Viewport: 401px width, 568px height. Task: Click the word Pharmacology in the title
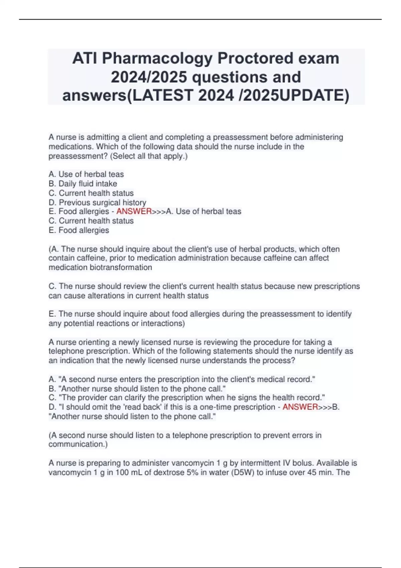click(157, 58)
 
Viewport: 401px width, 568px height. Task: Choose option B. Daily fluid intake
click(83, 184)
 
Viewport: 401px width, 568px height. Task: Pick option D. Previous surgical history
click(97, 202)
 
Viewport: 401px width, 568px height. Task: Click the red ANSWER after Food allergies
click(134, 211)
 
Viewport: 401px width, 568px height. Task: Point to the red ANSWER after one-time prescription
click(300, 407)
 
